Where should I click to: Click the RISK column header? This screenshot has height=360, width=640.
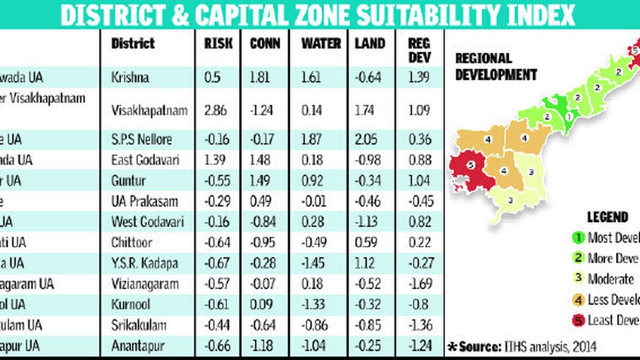pos(219,44)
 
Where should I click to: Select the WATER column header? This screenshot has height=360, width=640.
pos(321,44)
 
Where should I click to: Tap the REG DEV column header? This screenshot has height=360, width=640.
pos(419,49)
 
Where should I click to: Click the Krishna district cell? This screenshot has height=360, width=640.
pos(130,77)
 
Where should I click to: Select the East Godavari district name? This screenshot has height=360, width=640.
pos(146,160)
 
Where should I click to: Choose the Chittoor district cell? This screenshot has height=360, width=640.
pos(132,243)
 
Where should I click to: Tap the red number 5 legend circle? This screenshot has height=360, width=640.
pos(577,320)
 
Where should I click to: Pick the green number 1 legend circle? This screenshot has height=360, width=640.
pos(577,238)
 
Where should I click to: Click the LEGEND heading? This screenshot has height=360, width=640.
pos(607,217)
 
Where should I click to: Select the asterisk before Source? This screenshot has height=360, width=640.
pos(452,347)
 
